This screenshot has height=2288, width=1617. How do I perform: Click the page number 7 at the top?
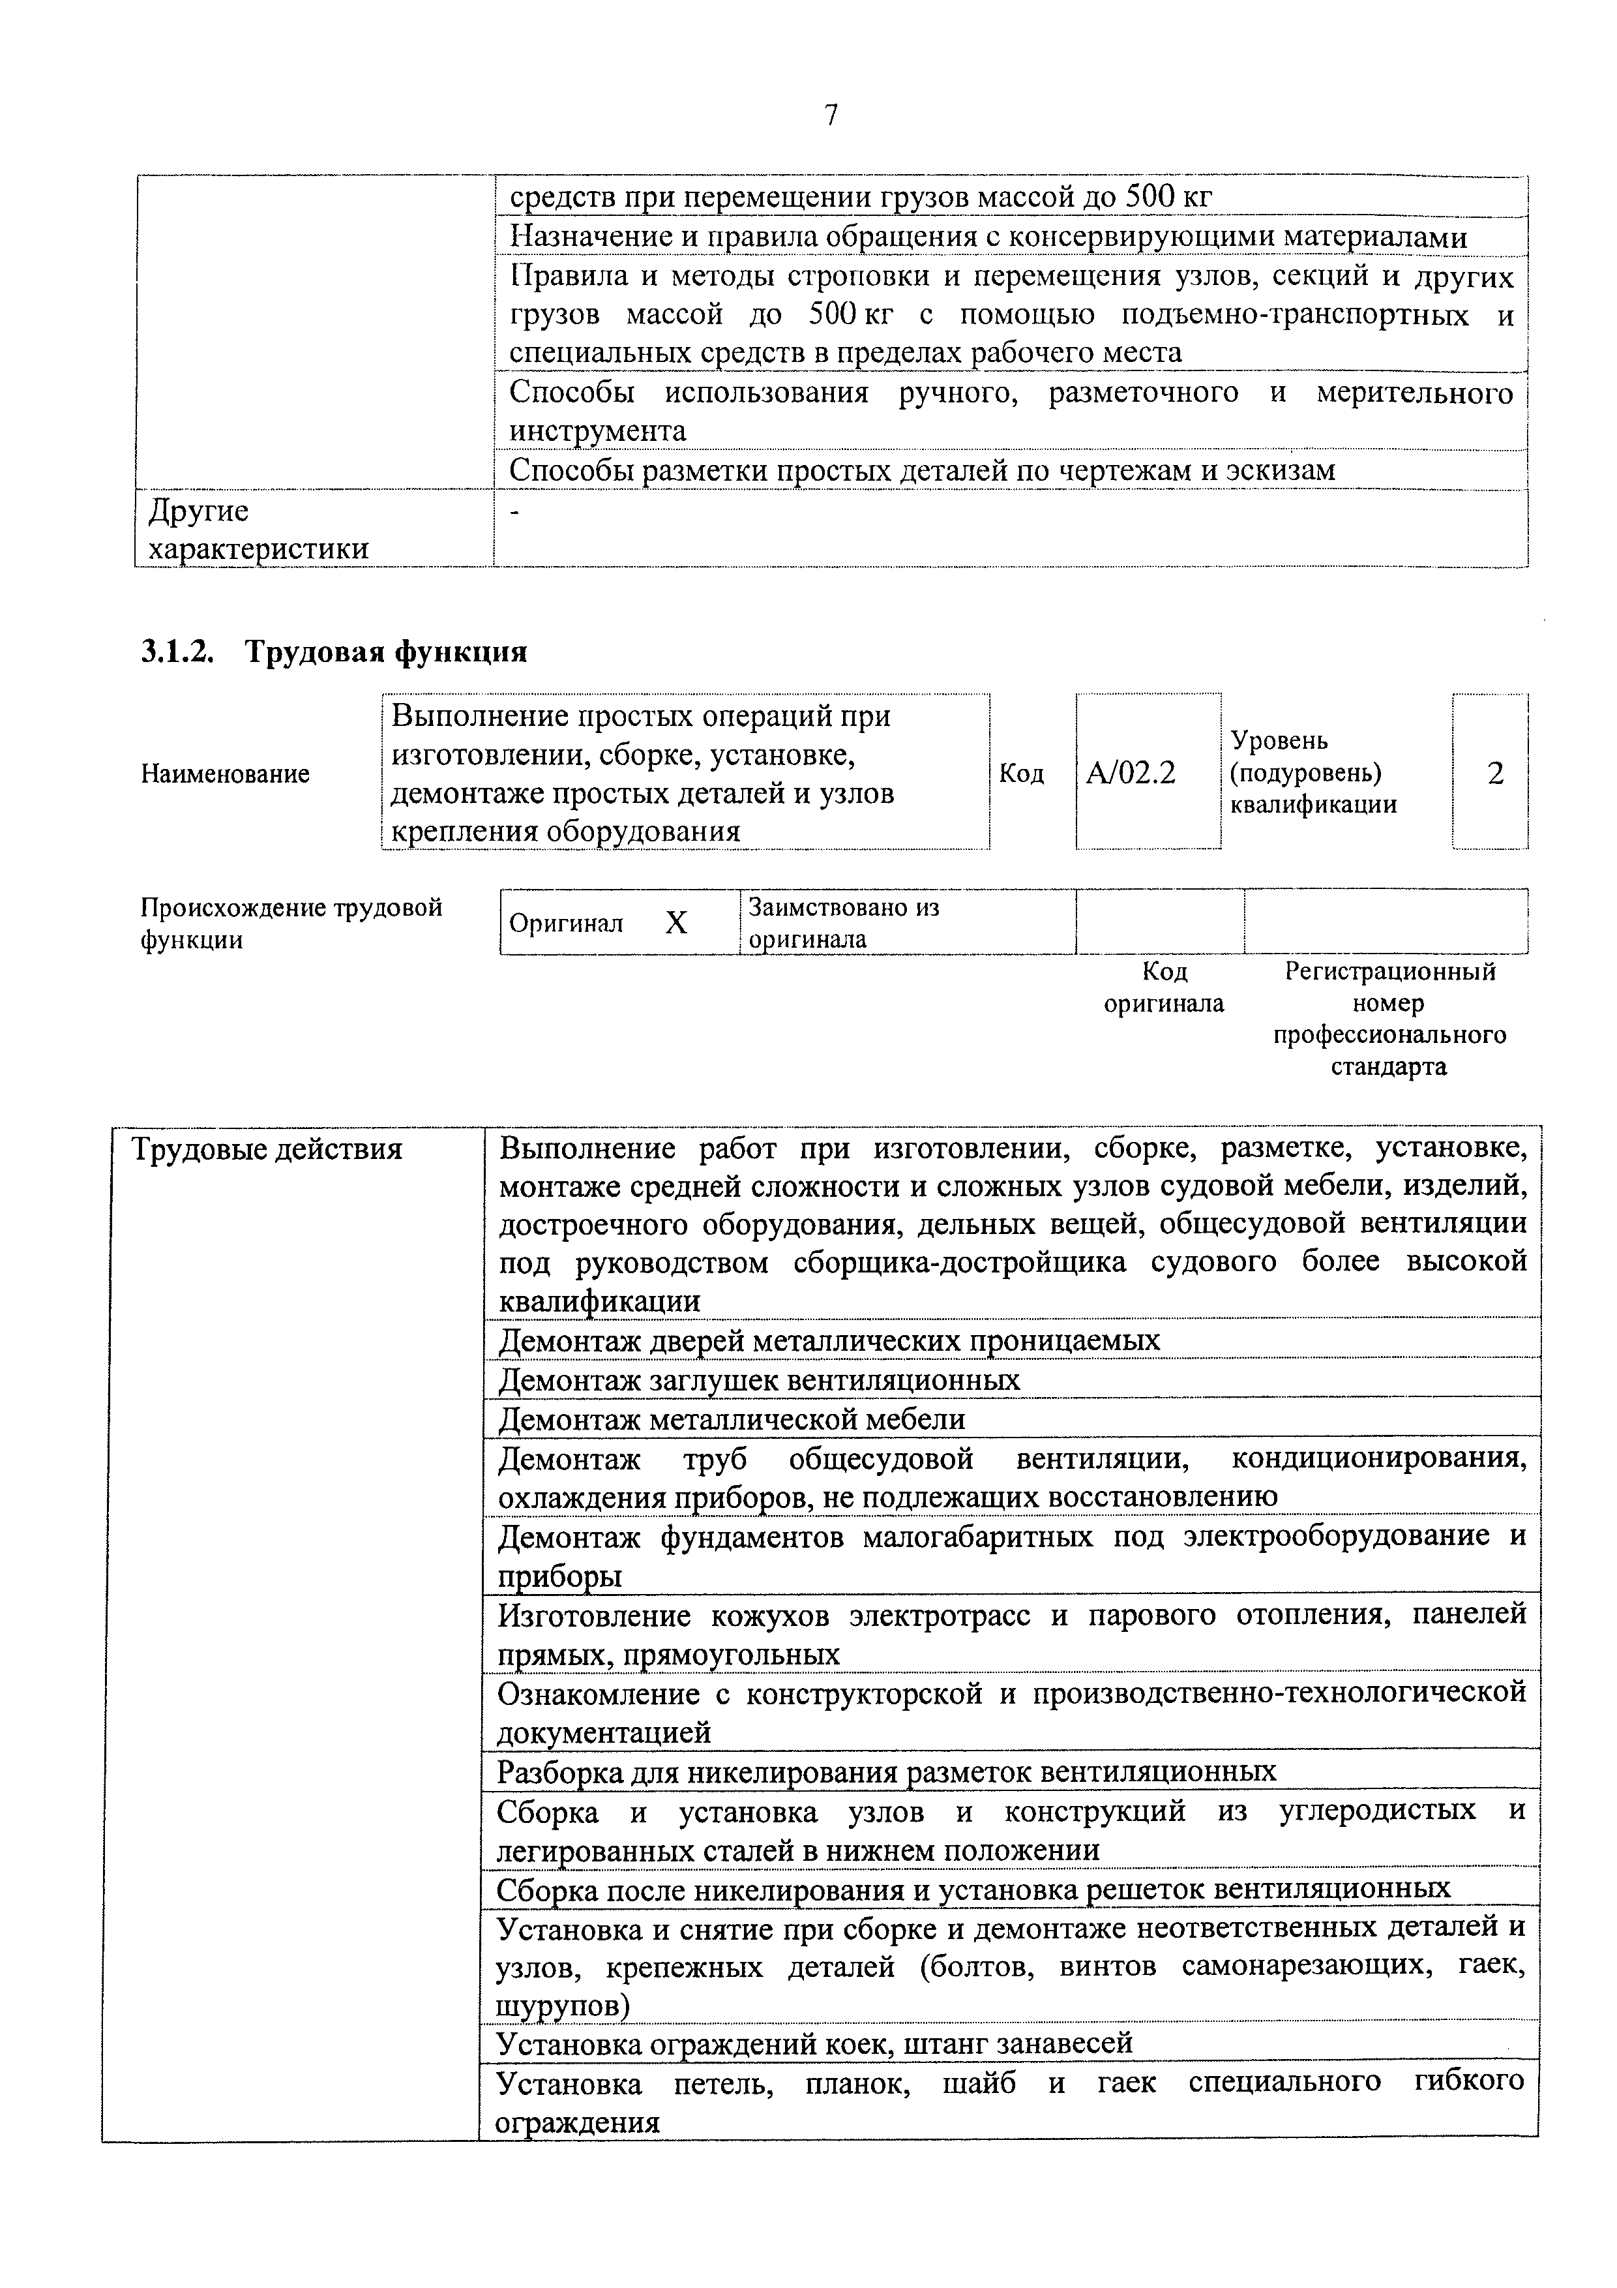[831, 117]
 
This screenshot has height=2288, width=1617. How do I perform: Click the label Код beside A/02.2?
[1021, 774]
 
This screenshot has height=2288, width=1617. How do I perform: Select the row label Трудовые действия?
[267, 1150]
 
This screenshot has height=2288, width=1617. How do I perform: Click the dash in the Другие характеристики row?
[514, 512]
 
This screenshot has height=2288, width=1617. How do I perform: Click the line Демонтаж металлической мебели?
[732, 1419]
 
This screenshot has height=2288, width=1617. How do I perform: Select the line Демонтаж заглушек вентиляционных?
[758, 1380]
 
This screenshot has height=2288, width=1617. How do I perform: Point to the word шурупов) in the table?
[563, 2005]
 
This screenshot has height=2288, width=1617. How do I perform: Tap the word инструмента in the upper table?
[598, 432]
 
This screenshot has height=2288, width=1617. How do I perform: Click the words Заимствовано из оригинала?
[843, 923]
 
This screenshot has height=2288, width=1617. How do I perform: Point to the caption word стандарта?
[1388, 1067]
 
